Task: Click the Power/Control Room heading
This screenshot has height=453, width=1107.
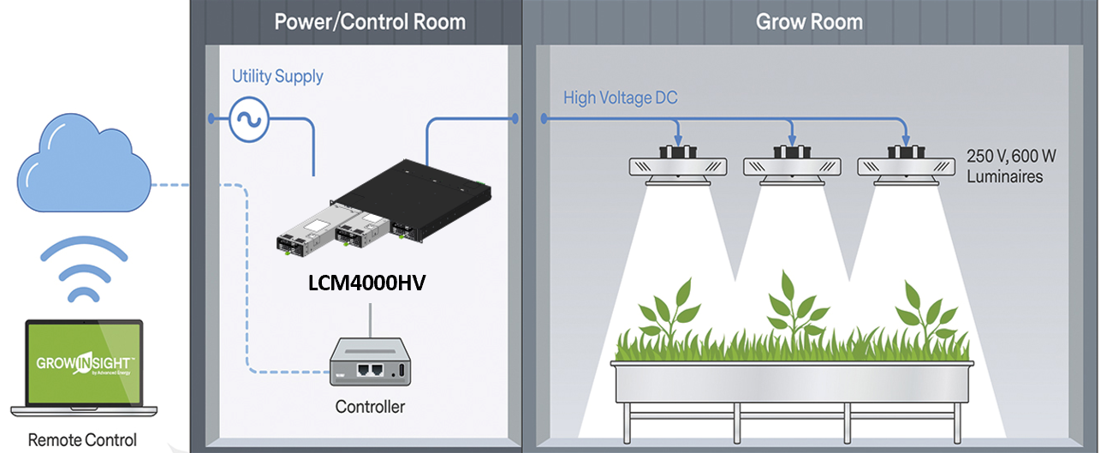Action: pos(370,21)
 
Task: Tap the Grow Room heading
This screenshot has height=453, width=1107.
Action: pos(808,21)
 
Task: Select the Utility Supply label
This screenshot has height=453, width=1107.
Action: pos(277,76)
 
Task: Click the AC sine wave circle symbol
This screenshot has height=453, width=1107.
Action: pos(249,120)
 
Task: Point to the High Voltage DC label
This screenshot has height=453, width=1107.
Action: pos(620,98)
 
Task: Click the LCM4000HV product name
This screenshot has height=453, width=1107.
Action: pos(367,283)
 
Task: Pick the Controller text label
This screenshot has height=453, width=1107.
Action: pos(370,406)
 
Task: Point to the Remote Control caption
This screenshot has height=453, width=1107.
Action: pos(82,440)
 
